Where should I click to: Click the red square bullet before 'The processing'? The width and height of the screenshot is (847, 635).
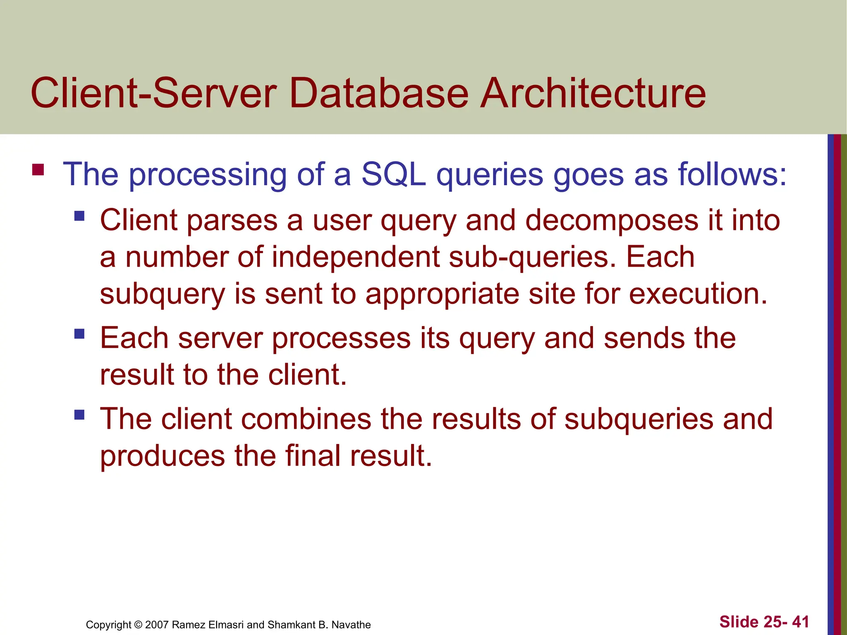click(x=38, y=170)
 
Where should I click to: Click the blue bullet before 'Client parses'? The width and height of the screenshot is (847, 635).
click(x=79, y=216)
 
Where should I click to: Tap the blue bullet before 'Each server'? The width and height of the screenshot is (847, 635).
click(x=79, y=334)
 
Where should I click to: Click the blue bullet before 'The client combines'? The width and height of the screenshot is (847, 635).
click(x=79, y=415)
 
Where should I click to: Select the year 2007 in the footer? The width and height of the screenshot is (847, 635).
click(x=157, y=625)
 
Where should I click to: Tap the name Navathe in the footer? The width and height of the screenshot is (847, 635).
click(x=351, y=625)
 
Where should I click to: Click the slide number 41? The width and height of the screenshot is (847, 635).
click(x=800, y=622)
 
